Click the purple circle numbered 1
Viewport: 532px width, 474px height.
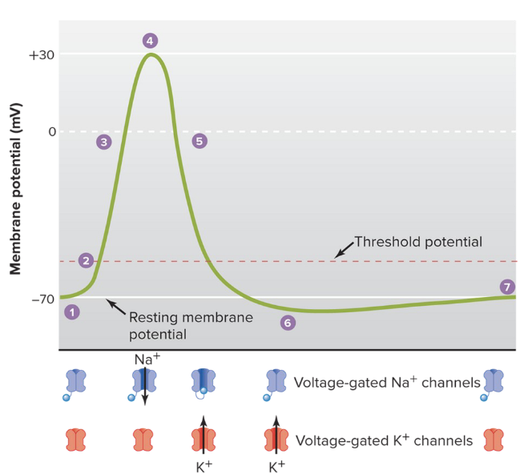point(72,312)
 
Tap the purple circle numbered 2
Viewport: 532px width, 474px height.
point(87,260)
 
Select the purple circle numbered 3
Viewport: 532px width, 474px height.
point(103,142)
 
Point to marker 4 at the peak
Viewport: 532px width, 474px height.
point(149,40)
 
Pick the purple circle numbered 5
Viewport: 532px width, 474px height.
point(199,141)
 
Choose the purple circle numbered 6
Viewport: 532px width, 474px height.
point(288,323)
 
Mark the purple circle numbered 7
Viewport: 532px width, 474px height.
point(506,287)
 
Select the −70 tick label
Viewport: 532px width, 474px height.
point(42,299)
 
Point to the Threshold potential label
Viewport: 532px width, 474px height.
point(418,241)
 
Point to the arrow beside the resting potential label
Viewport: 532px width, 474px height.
point(115,307)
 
